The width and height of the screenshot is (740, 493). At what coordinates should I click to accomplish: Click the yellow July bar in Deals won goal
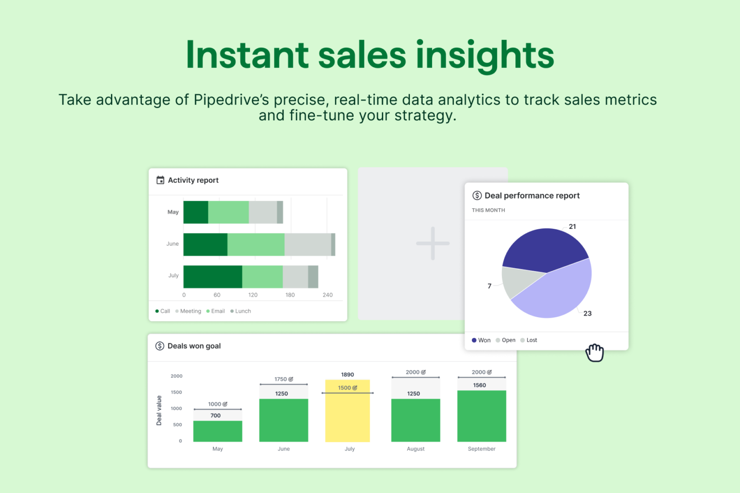coord(347,411)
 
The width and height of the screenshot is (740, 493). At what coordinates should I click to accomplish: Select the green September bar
coord(481,416)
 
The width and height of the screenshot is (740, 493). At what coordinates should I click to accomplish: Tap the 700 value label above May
coord(215,416)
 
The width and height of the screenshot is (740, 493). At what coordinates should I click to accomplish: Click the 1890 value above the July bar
coord(347,375)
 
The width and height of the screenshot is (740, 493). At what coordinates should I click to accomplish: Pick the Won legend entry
coord(481,340)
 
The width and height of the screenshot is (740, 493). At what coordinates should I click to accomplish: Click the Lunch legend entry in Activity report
coord(240,311)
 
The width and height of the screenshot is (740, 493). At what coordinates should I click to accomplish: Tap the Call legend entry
coord(162,311)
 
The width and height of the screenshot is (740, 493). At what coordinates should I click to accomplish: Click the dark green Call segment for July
coord(213,277)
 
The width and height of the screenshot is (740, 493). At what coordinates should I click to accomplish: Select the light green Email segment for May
coord(228,212)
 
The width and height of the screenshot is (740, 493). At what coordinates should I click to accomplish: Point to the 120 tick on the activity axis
coord(252,295)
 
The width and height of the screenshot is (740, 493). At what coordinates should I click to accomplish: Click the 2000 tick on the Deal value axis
coord(176,376)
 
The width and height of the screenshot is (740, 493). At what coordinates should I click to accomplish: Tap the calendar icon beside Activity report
coord(160,180)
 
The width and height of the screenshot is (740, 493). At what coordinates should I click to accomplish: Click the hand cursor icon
coord(594,353)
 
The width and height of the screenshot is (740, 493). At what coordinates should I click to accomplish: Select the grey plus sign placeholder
coord(433,244)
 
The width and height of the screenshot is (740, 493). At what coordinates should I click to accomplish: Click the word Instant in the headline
coord(247,55)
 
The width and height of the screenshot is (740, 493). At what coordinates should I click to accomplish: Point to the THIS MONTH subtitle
coord(488,210)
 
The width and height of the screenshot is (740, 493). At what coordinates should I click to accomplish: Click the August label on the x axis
coord(415,449)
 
